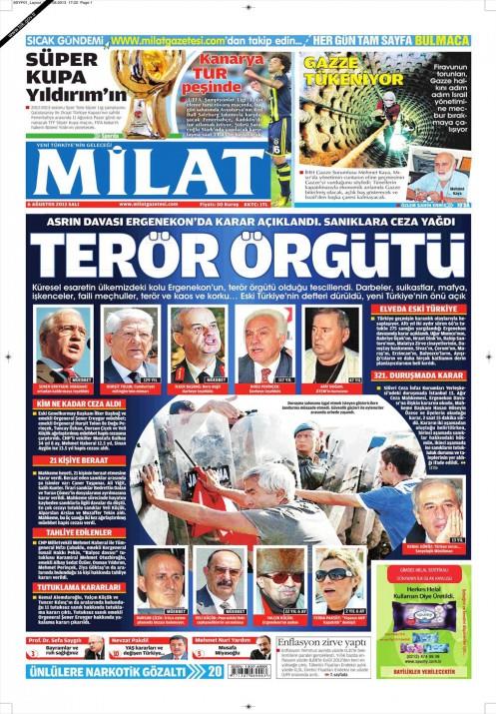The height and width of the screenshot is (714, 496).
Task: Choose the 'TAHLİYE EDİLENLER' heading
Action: [x=67, y=532]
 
